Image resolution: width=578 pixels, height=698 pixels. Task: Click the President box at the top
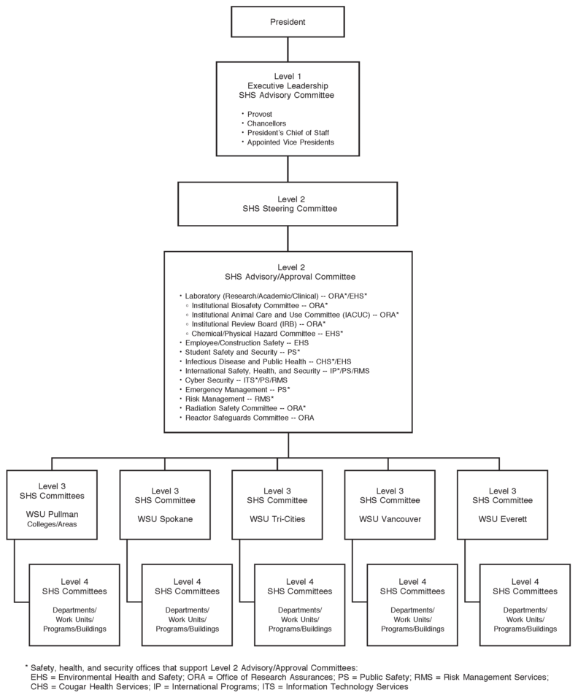(288, 22)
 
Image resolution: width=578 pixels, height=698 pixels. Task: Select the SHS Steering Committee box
(288, 203)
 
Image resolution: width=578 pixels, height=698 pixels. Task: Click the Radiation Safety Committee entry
(245, 408)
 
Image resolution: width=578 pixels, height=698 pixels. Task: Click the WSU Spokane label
(164, 519)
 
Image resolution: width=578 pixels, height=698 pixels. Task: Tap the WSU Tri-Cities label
(277, 519)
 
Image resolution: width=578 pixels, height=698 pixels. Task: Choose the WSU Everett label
(501, 519)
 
